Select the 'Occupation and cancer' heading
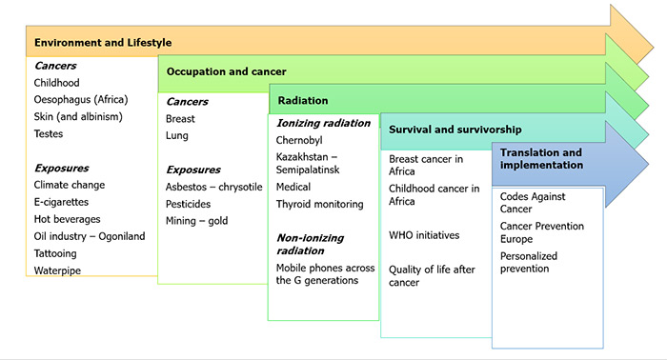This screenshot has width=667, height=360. pyautogui.click(x=226, y=71)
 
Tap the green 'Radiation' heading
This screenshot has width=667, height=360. pyautogui.click(x=303, y=100)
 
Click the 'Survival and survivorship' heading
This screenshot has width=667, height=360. pyautogui.click(x=455, y=130)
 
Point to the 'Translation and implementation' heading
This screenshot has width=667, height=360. pyautogui.click(x=541, y=158)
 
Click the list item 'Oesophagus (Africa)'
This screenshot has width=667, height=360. pyautogui.click(x=80, y=99)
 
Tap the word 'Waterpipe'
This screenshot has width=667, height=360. pyautogui.click(x=58, y=270)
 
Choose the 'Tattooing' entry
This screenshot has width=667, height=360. pyautogui.click(x=55, y=253)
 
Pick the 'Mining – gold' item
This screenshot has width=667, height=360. pyautogui.click(x=197, y=221)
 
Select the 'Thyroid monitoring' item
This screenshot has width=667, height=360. pyautogui.click(x=320, y=204)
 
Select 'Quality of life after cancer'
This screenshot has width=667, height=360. pyautogui.click(x=432, y=276)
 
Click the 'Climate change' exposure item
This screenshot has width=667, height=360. pyautogui.click(x=70, y=185)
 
